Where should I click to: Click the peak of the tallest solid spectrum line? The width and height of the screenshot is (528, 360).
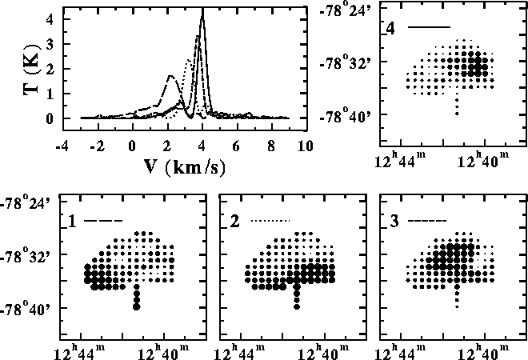tap(202, 10)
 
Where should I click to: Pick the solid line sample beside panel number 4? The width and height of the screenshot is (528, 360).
tap(430, 28)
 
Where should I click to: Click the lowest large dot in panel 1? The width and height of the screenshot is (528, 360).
tap(137, 306)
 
